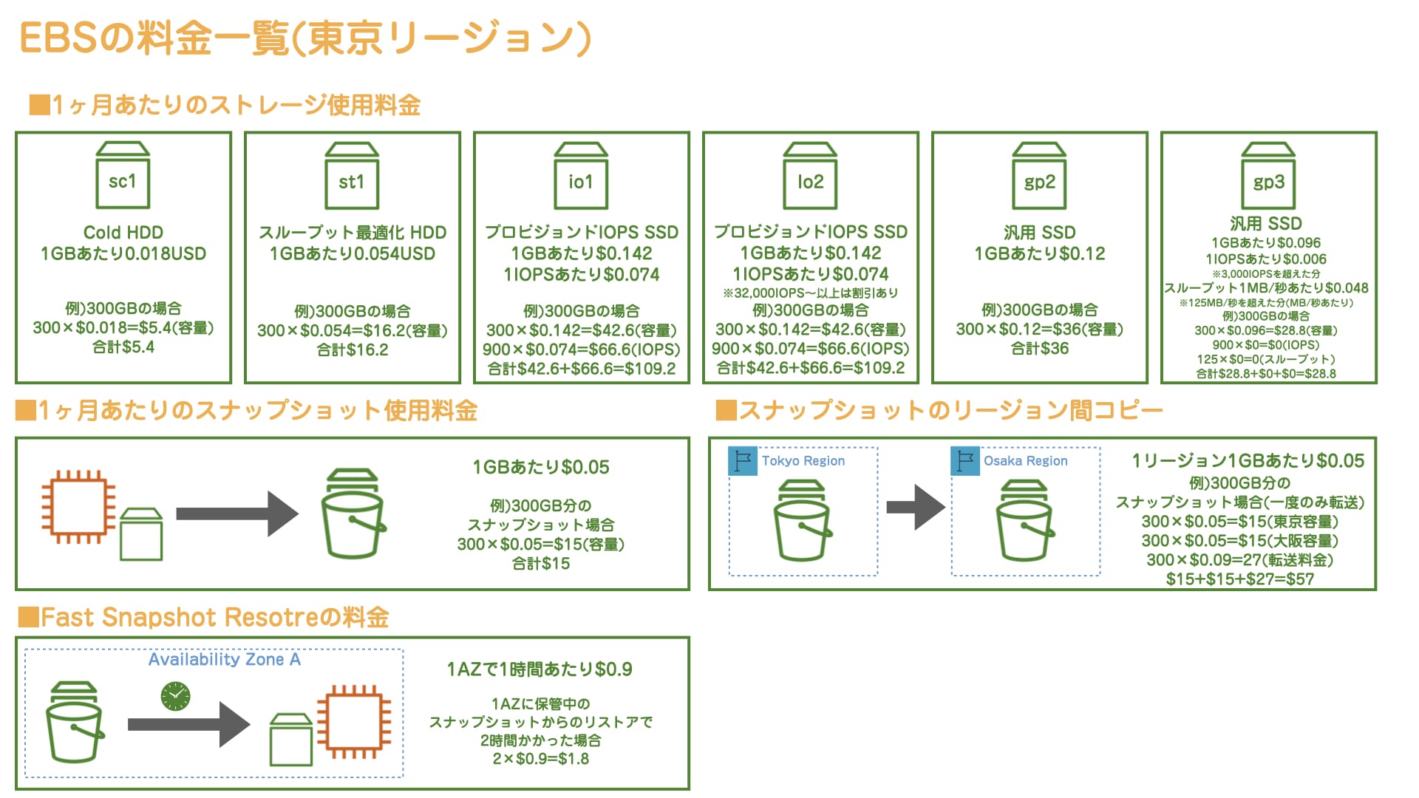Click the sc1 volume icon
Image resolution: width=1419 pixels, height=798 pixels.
coord(123,176)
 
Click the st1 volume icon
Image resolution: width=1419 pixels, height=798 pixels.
coord(352,176)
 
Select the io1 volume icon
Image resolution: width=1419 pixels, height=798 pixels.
coord(581,176)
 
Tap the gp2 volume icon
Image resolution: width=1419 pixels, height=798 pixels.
coord(1039,176)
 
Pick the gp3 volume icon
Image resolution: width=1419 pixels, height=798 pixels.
coord(1268,176)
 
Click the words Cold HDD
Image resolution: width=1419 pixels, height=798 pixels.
coord(123,232)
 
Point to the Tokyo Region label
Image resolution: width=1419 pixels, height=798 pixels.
coord(803,460)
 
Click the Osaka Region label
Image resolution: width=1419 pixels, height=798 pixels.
coord(1026,460)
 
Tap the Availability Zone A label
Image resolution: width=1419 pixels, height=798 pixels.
coord(225,659)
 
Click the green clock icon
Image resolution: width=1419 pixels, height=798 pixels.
coord(175,696)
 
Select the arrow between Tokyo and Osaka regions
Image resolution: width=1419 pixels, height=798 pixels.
coord(916,507)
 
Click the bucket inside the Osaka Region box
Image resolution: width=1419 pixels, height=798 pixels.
coord(1025,521)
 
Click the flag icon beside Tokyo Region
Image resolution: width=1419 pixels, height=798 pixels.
coord(743,461)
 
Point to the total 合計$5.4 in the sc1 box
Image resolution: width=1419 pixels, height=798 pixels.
coord(123,347)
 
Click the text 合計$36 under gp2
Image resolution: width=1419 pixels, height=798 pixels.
coord(1040,349)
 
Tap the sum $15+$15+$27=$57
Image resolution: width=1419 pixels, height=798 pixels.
coord(1240,579)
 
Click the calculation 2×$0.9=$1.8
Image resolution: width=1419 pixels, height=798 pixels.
coord(541,759)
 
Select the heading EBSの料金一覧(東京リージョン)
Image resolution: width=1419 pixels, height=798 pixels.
coord(305,38)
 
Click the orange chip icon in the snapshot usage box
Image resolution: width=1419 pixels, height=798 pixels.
coord(78,507)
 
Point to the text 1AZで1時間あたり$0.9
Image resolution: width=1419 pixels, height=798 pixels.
coord(540,669)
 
